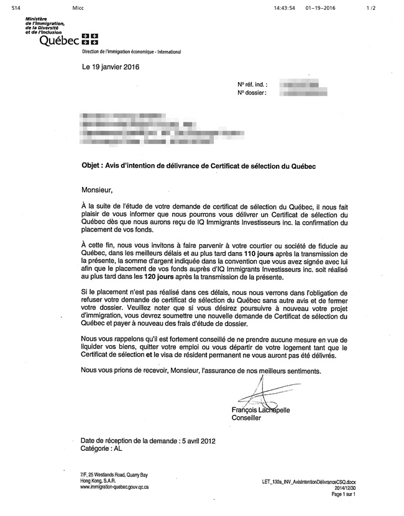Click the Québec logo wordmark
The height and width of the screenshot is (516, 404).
coord(59,41)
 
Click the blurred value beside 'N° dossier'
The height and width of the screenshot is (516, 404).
coord(303,93)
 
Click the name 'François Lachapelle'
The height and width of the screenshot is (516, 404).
coord(260,410)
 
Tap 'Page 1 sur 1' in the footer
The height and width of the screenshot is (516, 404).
coord(344,494)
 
